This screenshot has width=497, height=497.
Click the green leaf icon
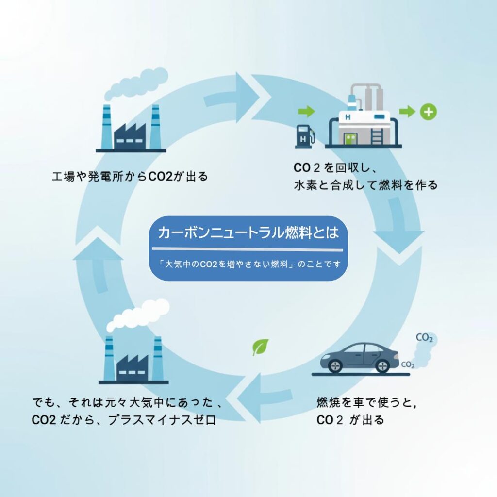[260, 347]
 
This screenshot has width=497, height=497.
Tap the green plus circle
[428, 112]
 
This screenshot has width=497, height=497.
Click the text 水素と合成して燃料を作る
[365, 185]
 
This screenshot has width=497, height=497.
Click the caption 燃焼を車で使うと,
[366, 402]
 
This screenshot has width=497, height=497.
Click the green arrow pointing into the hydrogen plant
[306, 112]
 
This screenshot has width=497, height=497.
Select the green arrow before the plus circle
[407, 112]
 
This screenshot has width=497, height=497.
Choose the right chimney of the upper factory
[155, 126]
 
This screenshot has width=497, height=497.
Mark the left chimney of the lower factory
[109, 358]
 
